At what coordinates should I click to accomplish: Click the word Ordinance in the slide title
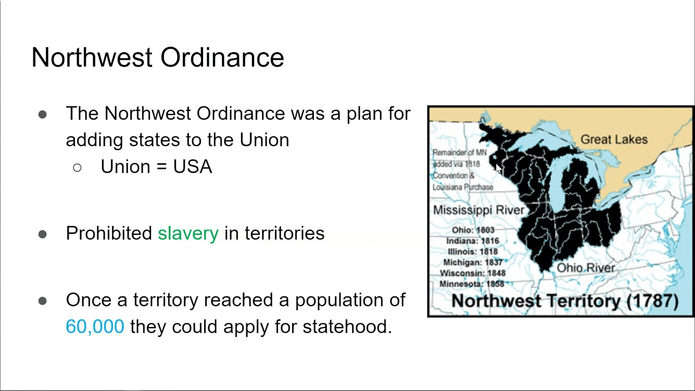(x=222, y=58)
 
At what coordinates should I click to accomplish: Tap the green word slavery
(x=188, y=234)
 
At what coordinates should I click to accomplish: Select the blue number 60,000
(x=95, y=326)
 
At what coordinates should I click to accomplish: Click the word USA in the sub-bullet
(x=193, y=167)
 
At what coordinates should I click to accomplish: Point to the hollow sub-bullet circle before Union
(x=77, y=168)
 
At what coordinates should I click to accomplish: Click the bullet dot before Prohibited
(x=42, y=234)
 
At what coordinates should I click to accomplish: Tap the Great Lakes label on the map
(x=614, y=140)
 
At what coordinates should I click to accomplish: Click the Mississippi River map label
(x=478, y=210)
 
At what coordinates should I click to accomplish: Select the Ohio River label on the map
(x=586, y=268)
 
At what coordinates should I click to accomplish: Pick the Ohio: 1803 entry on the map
(x=473, y=230)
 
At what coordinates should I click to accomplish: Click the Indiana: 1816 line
(x=473, y=241)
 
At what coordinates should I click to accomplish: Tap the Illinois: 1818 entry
(x=473, y=251)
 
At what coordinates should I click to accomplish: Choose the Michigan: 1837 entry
(x=473, y=262)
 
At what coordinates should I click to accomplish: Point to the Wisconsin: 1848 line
(x=473, y=273)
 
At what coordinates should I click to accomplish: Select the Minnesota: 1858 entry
(x=472, y=283)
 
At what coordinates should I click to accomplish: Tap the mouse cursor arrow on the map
(x=498, y=168)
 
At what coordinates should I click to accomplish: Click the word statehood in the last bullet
(x=347, y=326)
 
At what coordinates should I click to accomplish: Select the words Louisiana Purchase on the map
(x=463, y=187)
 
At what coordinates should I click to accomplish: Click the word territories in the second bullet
(x=285, y=233)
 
